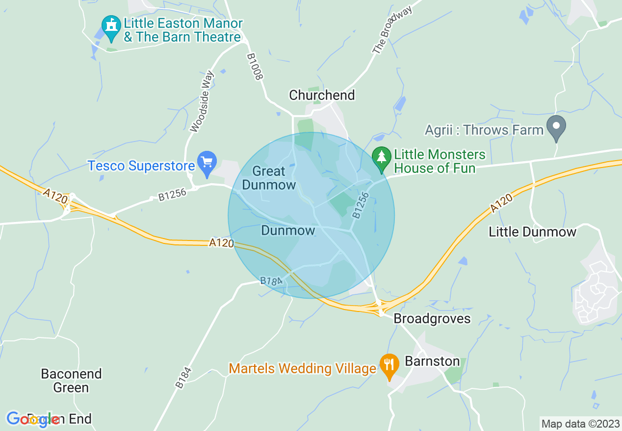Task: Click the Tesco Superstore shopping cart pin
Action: point(207,162)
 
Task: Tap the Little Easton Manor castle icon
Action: point(111,26)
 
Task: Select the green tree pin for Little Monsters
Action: point(381,158)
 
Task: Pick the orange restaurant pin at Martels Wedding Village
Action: point(389,365)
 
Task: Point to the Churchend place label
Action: point(322,95)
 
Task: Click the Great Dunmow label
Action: point(269,178)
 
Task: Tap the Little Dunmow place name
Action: point(532,232)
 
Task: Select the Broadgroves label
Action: point(432,319)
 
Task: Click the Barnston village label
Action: point(432,361)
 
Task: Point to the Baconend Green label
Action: point(71,381)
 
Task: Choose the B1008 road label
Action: point(255,67)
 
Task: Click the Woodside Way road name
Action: point(202,102)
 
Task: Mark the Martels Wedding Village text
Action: point(302,368)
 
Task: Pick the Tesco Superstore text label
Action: point(141,166)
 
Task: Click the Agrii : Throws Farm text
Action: point(485,130)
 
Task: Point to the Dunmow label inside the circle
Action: point(288,230)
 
